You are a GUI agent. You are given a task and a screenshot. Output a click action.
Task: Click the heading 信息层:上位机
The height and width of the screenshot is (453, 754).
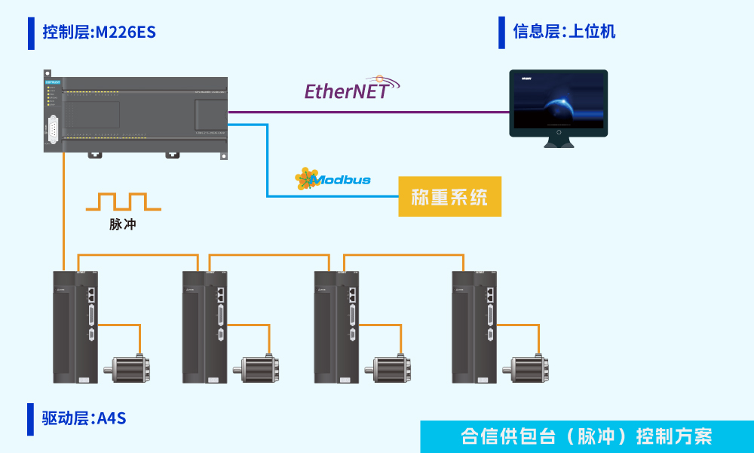564,32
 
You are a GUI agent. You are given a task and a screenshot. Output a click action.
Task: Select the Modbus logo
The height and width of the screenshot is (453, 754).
333,179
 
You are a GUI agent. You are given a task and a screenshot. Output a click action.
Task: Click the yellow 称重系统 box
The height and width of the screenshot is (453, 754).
449,198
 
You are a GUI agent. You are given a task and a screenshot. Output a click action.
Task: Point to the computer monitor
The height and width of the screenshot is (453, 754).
558,103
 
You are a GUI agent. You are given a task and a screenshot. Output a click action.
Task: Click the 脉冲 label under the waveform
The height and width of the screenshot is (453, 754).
123,224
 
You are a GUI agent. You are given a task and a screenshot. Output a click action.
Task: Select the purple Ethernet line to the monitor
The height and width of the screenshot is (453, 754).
369,112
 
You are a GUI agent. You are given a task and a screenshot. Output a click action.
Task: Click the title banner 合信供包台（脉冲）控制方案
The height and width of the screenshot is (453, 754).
587,436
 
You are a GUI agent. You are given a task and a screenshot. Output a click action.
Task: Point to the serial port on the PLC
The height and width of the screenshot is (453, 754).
54,129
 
